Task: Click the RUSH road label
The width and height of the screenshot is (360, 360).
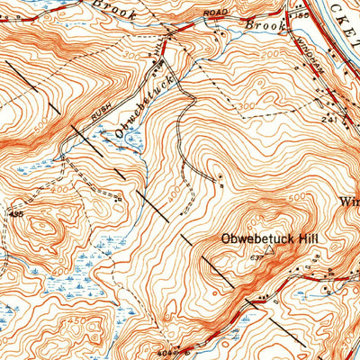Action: coord(101,112)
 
